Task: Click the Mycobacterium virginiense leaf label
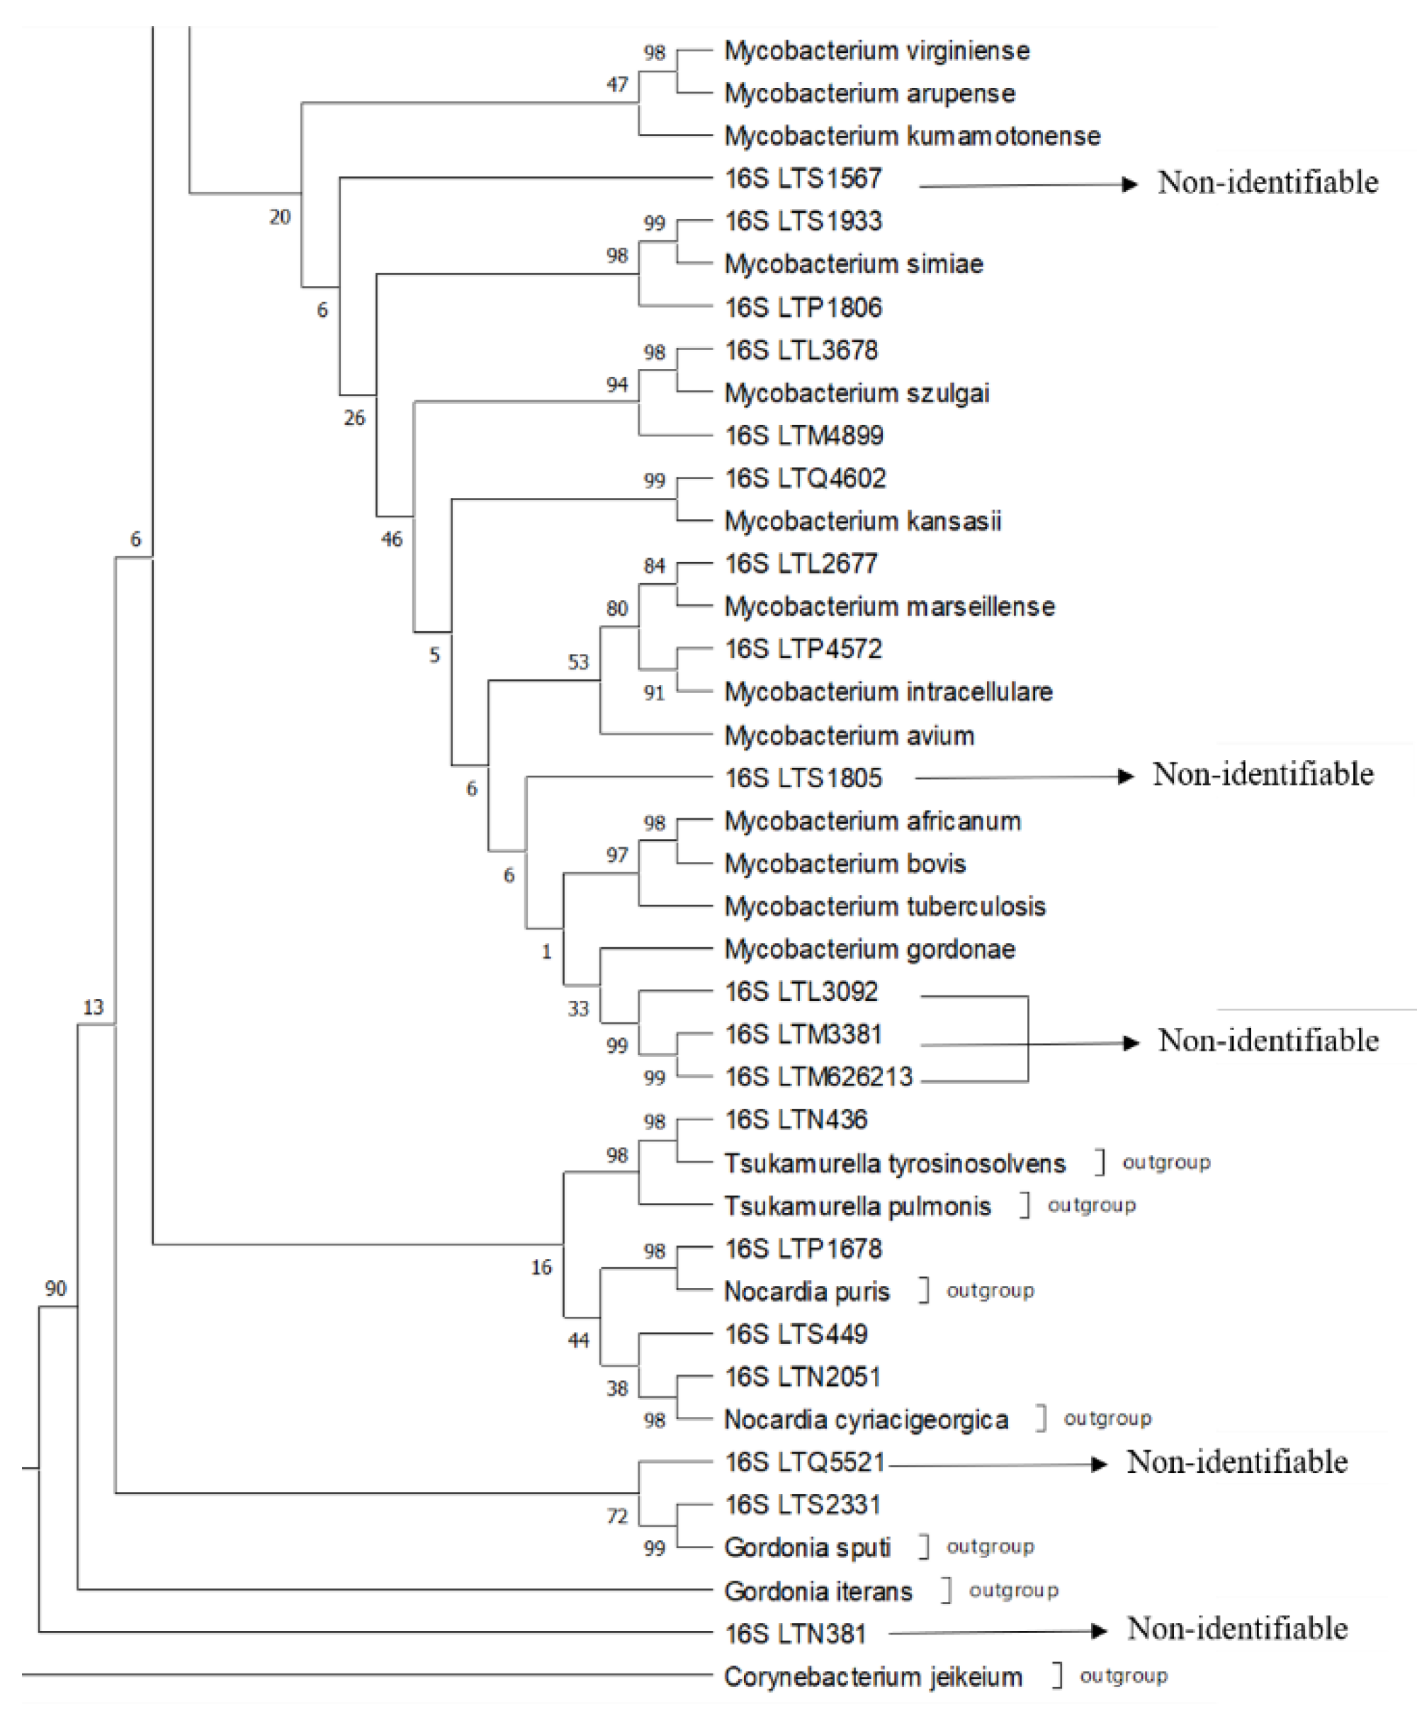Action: pyautogui.click(x=876, y=51)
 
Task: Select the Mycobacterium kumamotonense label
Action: pyautogui.click(x=912, y=136)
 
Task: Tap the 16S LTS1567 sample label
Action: pyautogui.click(x=803, y=179)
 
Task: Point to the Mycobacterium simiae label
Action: pyautogui.click(x=853, y=264)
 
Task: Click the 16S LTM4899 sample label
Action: pyautogui.click(x=803, y=436)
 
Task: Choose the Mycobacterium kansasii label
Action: pyautogui.click(x=862, y=521)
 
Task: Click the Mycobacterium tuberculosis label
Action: pyautogui.click(x=884, y=907)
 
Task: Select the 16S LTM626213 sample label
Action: pyautogui.click(x=818, y=1077)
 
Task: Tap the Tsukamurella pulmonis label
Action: pyautogui.click(x=857, y=1206)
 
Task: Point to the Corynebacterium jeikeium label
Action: pyautogui.click(x=872, y=1677)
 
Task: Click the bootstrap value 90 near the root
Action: pyautogui.click(x=55, y=1288)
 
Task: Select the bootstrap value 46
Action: pyautogui.click(x=392, y=538)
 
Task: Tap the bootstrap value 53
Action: pyautogui.click(x=577, y=662)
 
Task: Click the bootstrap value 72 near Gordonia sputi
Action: pyautogui.click(x=617, y=1516)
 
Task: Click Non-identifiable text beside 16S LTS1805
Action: pyautogui.click(x=1262, y=774)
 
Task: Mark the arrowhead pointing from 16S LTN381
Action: pyautogui.click(x=1098, y=1630)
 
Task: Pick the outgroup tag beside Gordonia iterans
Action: pyautogui.click(x=1013, y=1591)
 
